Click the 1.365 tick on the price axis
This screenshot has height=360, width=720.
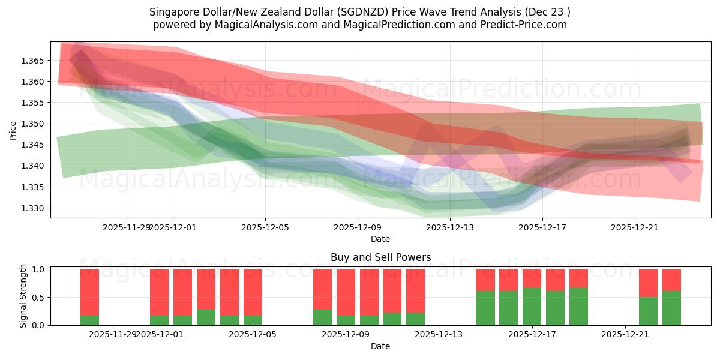click(34, 61)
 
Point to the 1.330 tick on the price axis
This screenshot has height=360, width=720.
click(34, 208)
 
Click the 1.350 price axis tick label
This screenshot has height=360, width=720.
click(34, 124)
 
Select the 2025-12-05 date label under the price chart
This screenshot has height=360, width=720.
click(265, 227)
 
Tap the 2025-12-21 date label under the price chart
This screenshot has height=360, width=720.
click(635, 227)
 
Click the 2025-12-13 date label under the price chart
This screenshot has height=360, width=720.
click(450, 227)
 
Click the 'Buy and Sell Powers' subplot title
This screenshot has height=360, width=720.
click(380, 257)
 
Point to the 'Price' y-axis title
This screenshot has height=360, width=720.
click(13, 130)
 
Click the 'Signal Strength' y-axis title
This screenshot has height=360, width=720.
click(23, 295)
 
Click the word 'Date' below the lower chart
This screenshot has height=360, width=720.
click(380, 346)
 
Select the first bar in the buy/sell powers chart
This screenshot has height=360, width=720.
click(89, 297)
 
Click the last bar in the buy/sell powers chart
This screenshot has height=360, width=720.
click(671, 297)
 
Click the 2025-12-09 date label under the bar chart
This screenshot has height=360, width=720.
click(346, 334)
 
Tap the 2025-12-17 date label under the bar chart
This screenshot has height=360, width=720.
click(532, 334)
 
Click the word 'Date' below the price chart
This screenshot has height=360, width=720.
click(380, 239)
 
